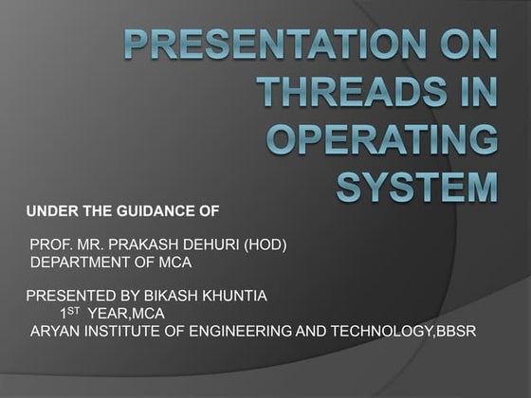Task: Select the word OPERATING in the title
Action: click(x=382, y=139)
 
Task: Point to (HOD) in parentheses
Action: click(x=265, y=244)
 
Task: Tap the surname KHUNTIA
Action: click(x=228, y=296)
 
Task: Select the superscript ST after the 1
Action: click(x=74, y=309)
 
